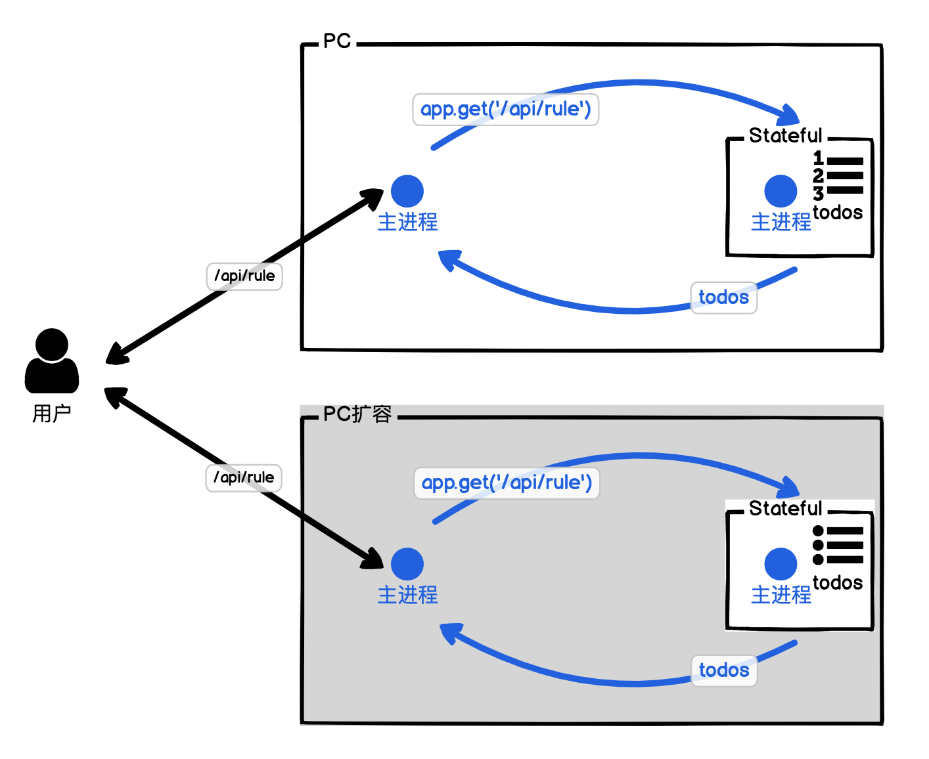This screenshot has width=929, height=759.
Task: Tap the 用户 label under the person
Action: (52, 414)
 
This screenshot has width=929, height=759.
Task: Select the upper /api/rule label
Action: (244, 276)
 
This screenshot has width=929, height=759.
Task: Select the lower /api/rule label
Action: (244, 477)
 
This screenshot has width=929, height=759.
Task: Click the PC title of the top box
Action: (337, 41)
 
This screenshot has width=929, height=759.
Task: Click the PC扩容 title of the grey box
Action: (357, 414)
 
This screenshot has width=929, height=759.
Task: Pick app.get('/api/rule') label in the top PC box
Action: (505, 109)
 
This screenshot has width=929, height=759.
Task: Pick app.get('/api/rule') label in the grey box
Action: (507, 483)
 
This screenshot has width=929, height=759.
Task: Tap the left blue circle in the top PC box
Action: (407, 191)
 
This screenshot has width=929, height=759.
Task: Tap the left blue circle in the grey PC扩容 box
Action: (407, 564)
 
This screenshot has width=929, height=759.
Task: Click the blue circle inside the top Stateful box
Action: (781, 191)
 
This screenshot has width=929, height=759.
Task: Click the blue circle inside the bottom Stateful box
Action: (781, 564)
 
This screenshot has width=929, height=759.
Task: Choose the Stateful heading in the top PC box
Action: (785, 135)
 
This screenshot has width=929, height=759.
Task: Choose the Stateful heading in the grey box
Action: (785, 508)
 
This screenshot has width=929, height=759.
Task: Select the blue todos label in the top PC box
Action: (723, 297)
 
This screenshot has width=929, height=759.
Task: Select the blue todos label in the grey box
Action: (723, 670)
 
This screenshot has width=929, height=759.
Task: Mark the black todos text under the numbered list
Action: (838, 213)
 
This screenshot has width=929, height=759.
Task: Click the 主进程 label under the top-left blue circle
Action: (407, 222)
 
